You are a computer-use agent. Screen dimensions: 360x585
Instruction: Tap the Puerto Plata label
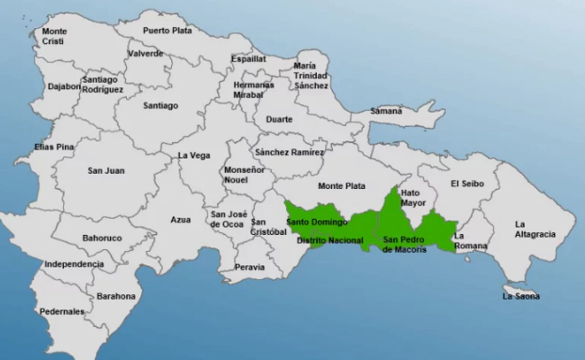167,30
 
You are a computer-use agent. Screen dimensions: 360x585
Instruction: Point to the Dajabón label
64,87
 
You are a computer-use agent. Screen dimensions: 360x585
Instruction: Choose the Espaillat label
248,58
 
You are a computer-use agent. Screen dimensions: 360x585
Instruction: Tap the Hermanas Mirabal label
254,89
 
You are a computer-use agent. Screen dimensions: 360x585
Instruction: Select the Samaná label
387,111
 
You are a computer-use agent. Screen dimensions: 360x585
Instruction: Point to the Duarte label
279,119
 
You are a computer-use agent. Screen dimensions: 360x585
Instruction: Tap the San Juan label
106,170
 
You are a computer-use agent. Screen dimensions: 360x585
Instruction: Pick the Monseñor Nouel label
245,175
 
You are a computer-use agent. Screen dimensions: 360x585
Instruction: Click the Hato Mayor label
413,197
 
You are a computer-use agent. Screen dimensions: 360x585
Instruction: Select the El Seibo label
468,184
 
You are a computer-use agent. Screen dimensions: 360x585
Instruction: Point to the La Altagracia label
535,229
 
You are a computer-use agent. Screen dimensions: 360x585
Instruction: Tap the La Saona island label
520,295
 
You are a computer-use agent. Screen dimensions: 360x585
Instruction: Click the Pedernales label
61,311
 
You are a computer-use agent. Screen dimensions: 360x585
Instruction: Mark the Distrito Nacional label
330,240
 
